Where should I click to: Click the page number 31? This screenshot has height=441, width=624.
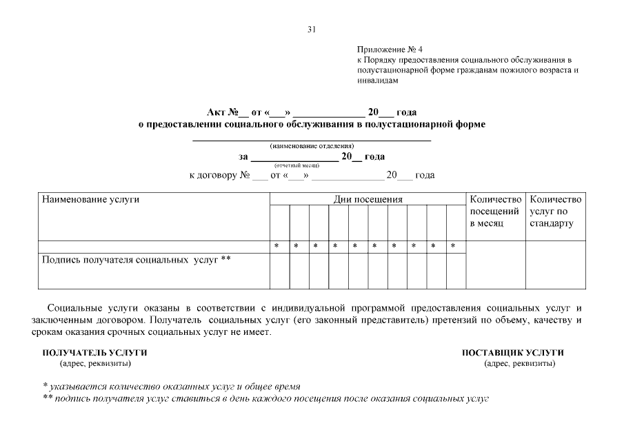coord(312,30)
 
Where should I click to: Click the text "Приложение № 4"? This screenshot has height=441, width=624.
coord(390,50)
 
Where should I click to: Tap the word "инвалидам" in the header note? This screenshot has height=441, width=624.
coord(378,81)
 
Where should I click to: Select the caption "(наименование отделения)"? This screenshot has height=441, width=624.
coord(312,146)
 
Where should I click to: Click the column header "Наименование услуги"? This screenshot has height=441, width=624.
coord(91,200)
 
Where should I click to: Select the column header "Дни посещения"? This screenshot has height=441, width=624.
coord(368,200)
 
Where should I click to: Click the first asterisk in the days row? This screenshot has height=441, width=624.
coord(276,246)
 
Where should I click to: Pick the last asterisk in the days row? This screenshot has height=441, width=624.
coord(453,246)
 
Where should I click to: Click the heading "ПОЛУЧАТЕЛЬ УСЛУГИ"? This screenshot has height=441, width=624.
coord(94,353)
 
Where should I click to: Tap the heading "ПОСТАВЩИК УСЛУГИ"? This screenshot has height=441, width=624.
coord(512,353)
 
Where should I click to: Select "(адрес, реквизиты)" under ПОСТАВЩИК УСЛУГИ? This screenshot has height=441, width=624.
coord(520,363)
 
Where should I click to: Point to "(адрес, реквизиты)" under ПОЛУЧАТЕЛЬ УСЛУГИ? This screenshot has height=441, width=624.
coord(95,363)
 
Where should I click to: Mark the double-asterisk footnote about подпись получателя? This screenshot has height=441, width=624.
coord(265,398)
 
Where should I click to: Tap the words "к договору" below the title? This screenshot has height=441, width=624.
coord(212,176)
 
